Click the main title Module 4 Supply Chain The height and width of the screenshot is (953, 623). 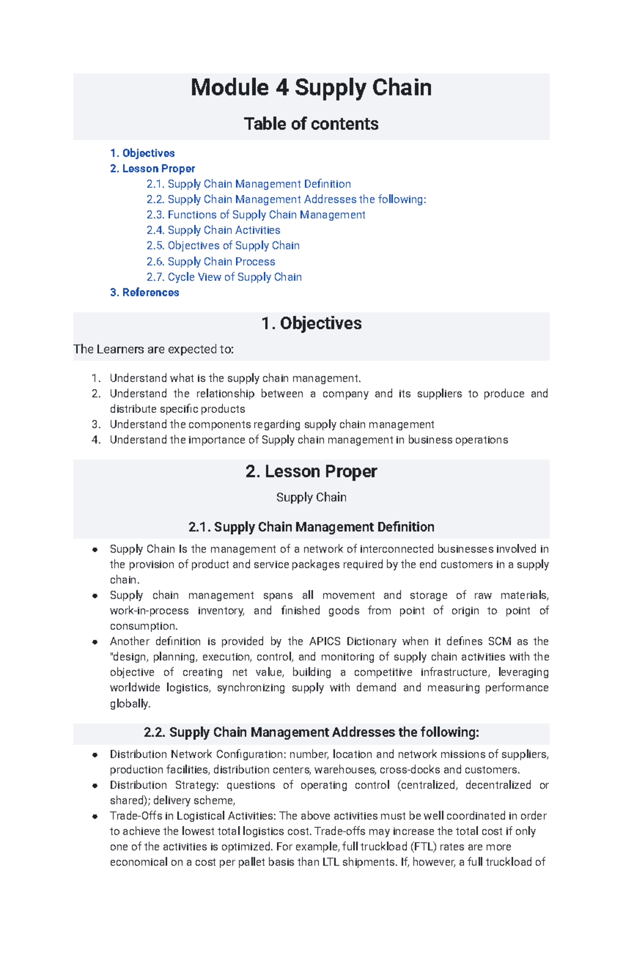coord(311,88)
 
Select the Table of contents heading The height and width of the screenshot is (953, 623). coord(311,124)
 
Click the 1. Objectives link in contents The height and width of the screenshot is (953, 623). coord(142,153)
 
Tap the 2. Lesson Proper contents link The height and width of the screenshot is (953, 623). coord(153,169)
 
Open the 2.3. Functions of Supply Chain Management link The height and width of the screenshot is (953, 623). coord(256,215)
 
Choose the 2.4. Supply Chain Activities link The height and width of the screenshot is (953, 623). coord(213,230)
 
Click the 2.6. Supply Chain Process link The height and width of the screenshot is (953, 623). coord(211,262)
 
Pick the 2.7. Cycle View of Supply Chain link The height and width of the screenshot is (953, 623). coord(224,277)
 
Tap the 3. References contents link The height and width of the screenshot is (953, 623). coord(144,293)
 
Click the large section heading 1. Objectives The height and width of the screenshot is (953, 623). coord(311,324)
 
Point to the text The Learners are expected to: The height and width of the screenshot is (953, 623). coord(154,350)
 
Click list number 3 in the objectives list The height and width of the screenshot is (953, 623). coord(96,425)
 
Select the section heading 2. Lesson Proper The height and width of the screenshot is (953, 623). coord(311,472)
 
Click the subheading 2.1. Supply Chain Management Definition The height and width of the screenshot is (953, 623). coord(311,527)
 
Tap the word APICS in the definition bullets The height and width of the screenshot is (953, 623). coord(326,641)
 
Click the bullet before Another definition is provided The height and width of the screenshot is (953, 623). coord(95,642)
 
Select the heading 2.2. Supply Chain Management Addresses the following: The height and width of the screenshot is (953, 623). coord(311,733)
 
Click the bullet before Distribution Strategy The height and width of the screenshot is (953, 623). coord(95,786)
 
